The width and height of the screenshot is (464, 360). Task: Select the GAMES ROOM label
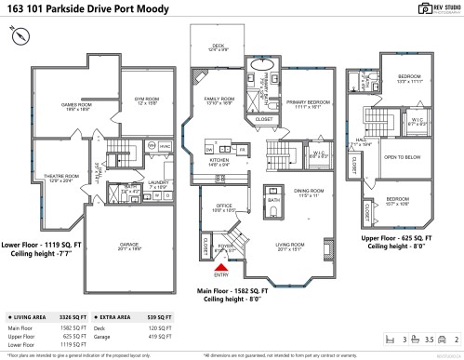(74, 106)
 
